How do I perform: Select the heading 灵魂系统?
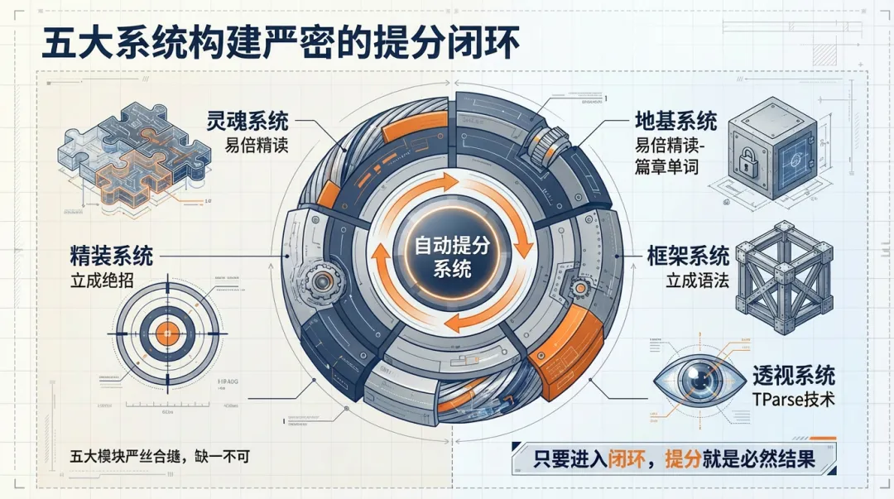(248, 121)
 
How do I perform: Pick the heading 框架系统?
(688, 254)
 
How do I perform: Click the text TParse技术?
(793, 400)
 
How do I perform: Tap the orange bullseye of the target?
(167, 333)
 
